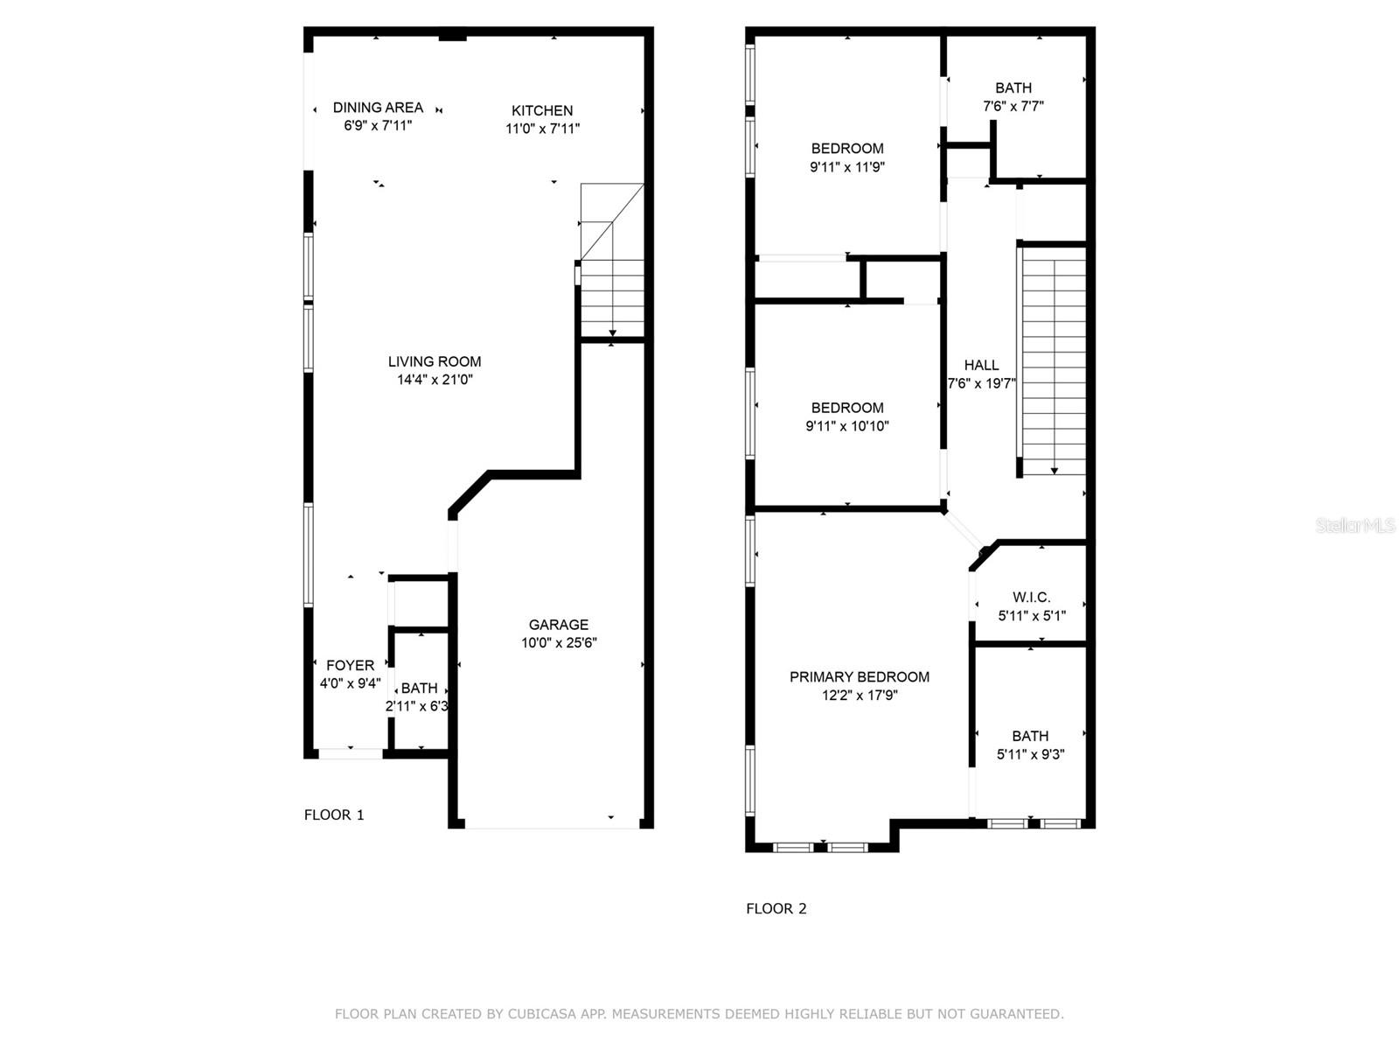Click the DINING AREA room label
click(378, 108)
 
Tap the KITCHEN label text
click(542, 110)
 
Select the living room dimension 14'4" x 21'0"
click(435, 380)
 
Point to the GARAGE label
click(558, 625)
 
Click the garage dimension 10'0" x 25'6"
click(558, 643)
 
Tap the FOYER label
click(350, 666)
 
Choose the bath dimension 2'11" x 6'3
click(417, 706)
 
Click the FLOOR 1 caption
click(334, 815)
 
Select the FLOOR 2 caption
click(776, 909)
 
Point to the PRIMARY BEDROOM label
click(859, 677)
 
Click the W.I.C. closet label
click(1031, 598)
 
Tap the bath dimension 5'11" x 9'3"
click(1030, 755)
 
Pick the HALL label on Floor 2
click(981, 366)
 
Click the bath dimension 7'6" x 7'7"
click(1013, 107)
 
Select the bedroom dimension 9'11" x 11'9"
click(846, 167)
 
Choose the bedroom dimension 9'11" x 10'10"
click(846, 427)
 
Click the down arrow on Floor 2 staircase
click(1054, 471)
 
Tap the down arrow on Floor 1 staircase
click(612, 333)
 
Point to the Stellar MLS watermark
click(1354, 526)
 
